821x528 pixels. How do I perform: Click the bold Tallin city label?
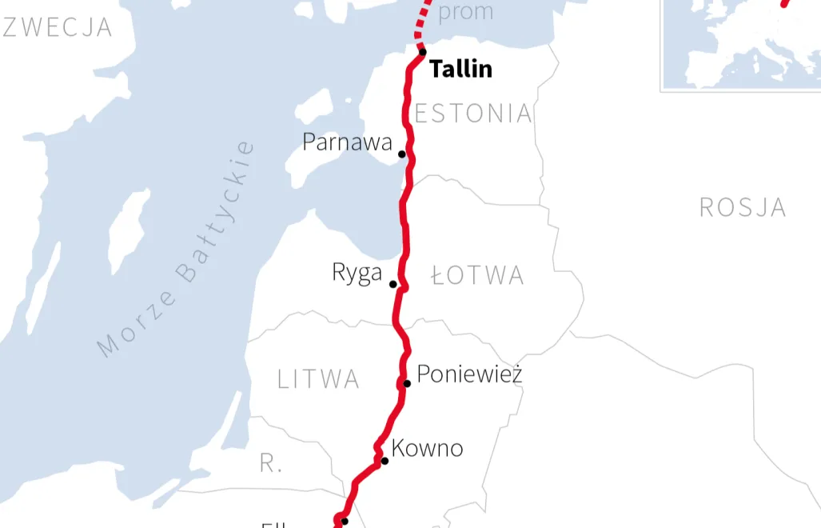pos(460,69)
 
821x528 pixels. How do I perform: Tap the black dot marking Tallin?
pos(423,53)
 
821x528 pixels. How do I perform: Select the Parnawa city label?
pos(347,142)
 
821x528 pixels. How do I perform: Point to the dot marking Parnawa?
pos(402,154)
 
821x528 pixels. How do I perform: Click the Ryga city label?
pos(357,274)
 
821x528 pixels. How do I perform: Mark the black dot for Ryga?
pos(393,284)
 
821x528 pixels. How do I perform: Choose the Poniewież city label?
pos(470,374)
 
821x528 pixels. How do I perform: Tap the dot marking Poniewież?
pos(407,383)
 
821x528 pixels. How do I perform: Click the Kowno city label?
pos(427,448)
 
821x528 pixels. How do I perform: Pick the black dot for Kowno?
pos(385,461)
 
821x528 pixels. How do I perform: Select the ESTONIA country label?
pos(473,114)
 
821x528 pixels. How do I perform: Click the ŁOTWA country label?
pos(477,276)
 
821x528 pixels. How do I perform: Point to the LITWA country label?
pos(318,379)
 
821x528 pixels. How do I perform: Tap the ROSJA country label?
pos(743,208)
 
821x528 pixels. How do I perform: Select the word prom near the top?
pos(466,12)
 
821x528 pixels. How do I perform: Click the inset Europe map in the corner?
pos(740,44)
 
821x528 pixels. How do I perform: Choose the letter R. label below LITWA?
pos(271,463)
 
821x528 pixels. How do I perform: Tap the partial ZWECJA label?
pos(58,27)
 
